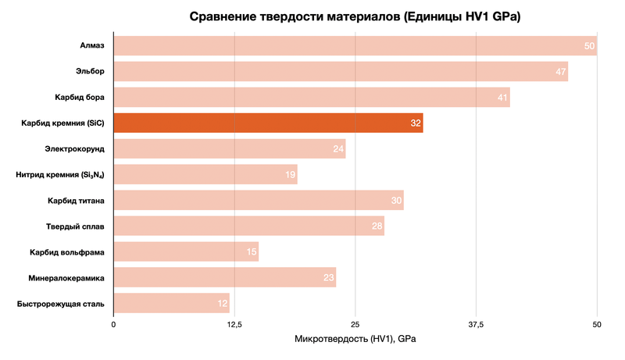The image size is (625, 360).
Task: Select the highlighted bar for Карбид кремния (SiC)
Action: pos(268,123)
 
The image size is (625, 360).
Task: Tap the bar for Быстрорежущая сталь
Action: pos(171,303)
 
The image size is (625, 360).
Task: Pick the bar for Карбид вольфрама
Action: pos(186,251)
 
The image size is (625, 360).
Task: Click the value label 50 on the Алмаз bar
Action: pos(590,47)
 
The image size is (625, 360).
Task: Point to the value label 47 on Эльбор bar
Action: pos(561,72)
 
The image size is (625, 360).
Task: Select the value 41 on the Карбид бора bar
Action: pos(502,98)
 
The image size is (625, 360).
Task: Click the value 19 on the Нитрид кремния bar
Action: pos(290,175)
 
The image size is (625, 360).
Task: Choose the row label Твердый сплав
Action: pos(76,226)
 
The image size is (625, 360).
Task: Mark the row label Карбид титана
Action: pos(77,201)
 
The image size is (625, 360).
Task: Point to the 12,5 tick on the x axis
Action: pos(234,324)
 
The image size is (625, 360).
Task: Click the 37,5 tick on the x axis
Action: pos(476,324)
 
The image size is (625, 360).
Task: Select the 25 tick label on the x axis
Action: pos(355,324)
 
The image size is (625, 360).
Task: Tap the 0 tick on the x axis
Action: pos(114,324)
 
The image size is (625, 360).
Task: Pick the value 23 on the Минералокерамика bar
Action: pos(329,278)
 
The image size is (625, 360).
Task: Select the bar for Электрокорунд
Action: pos(230,148)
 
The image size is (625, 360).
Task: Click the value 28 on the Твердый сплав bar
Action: pos(377,226)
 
